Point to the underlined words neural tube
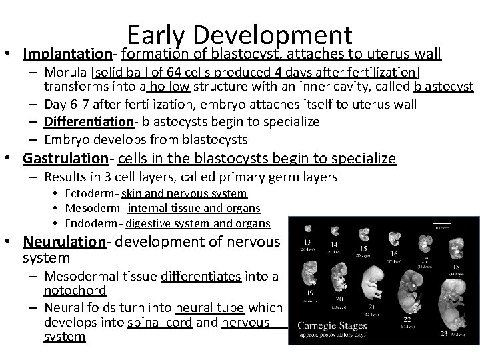(x=199, y=307)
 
